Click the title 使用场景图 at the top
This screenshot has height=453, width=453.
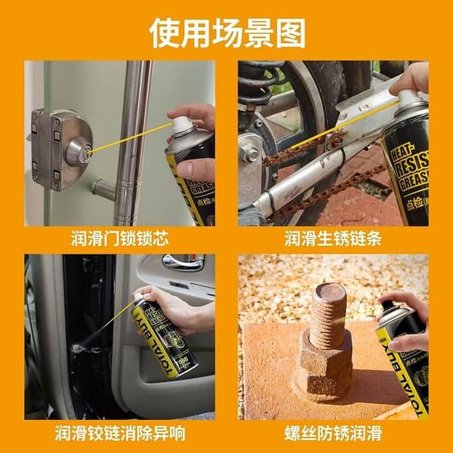click(x=226, y=32)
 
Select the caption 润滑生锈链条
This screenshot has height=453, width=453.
click(x=333, y=239)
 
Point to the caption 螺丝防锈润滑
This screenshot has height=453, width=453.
click(x=333, y=433)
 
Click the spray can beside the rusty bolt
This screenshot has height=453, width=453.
click(x=404, y=355)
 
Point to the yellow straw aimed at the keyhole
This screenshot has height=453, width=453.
click(x=128, y=138)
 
